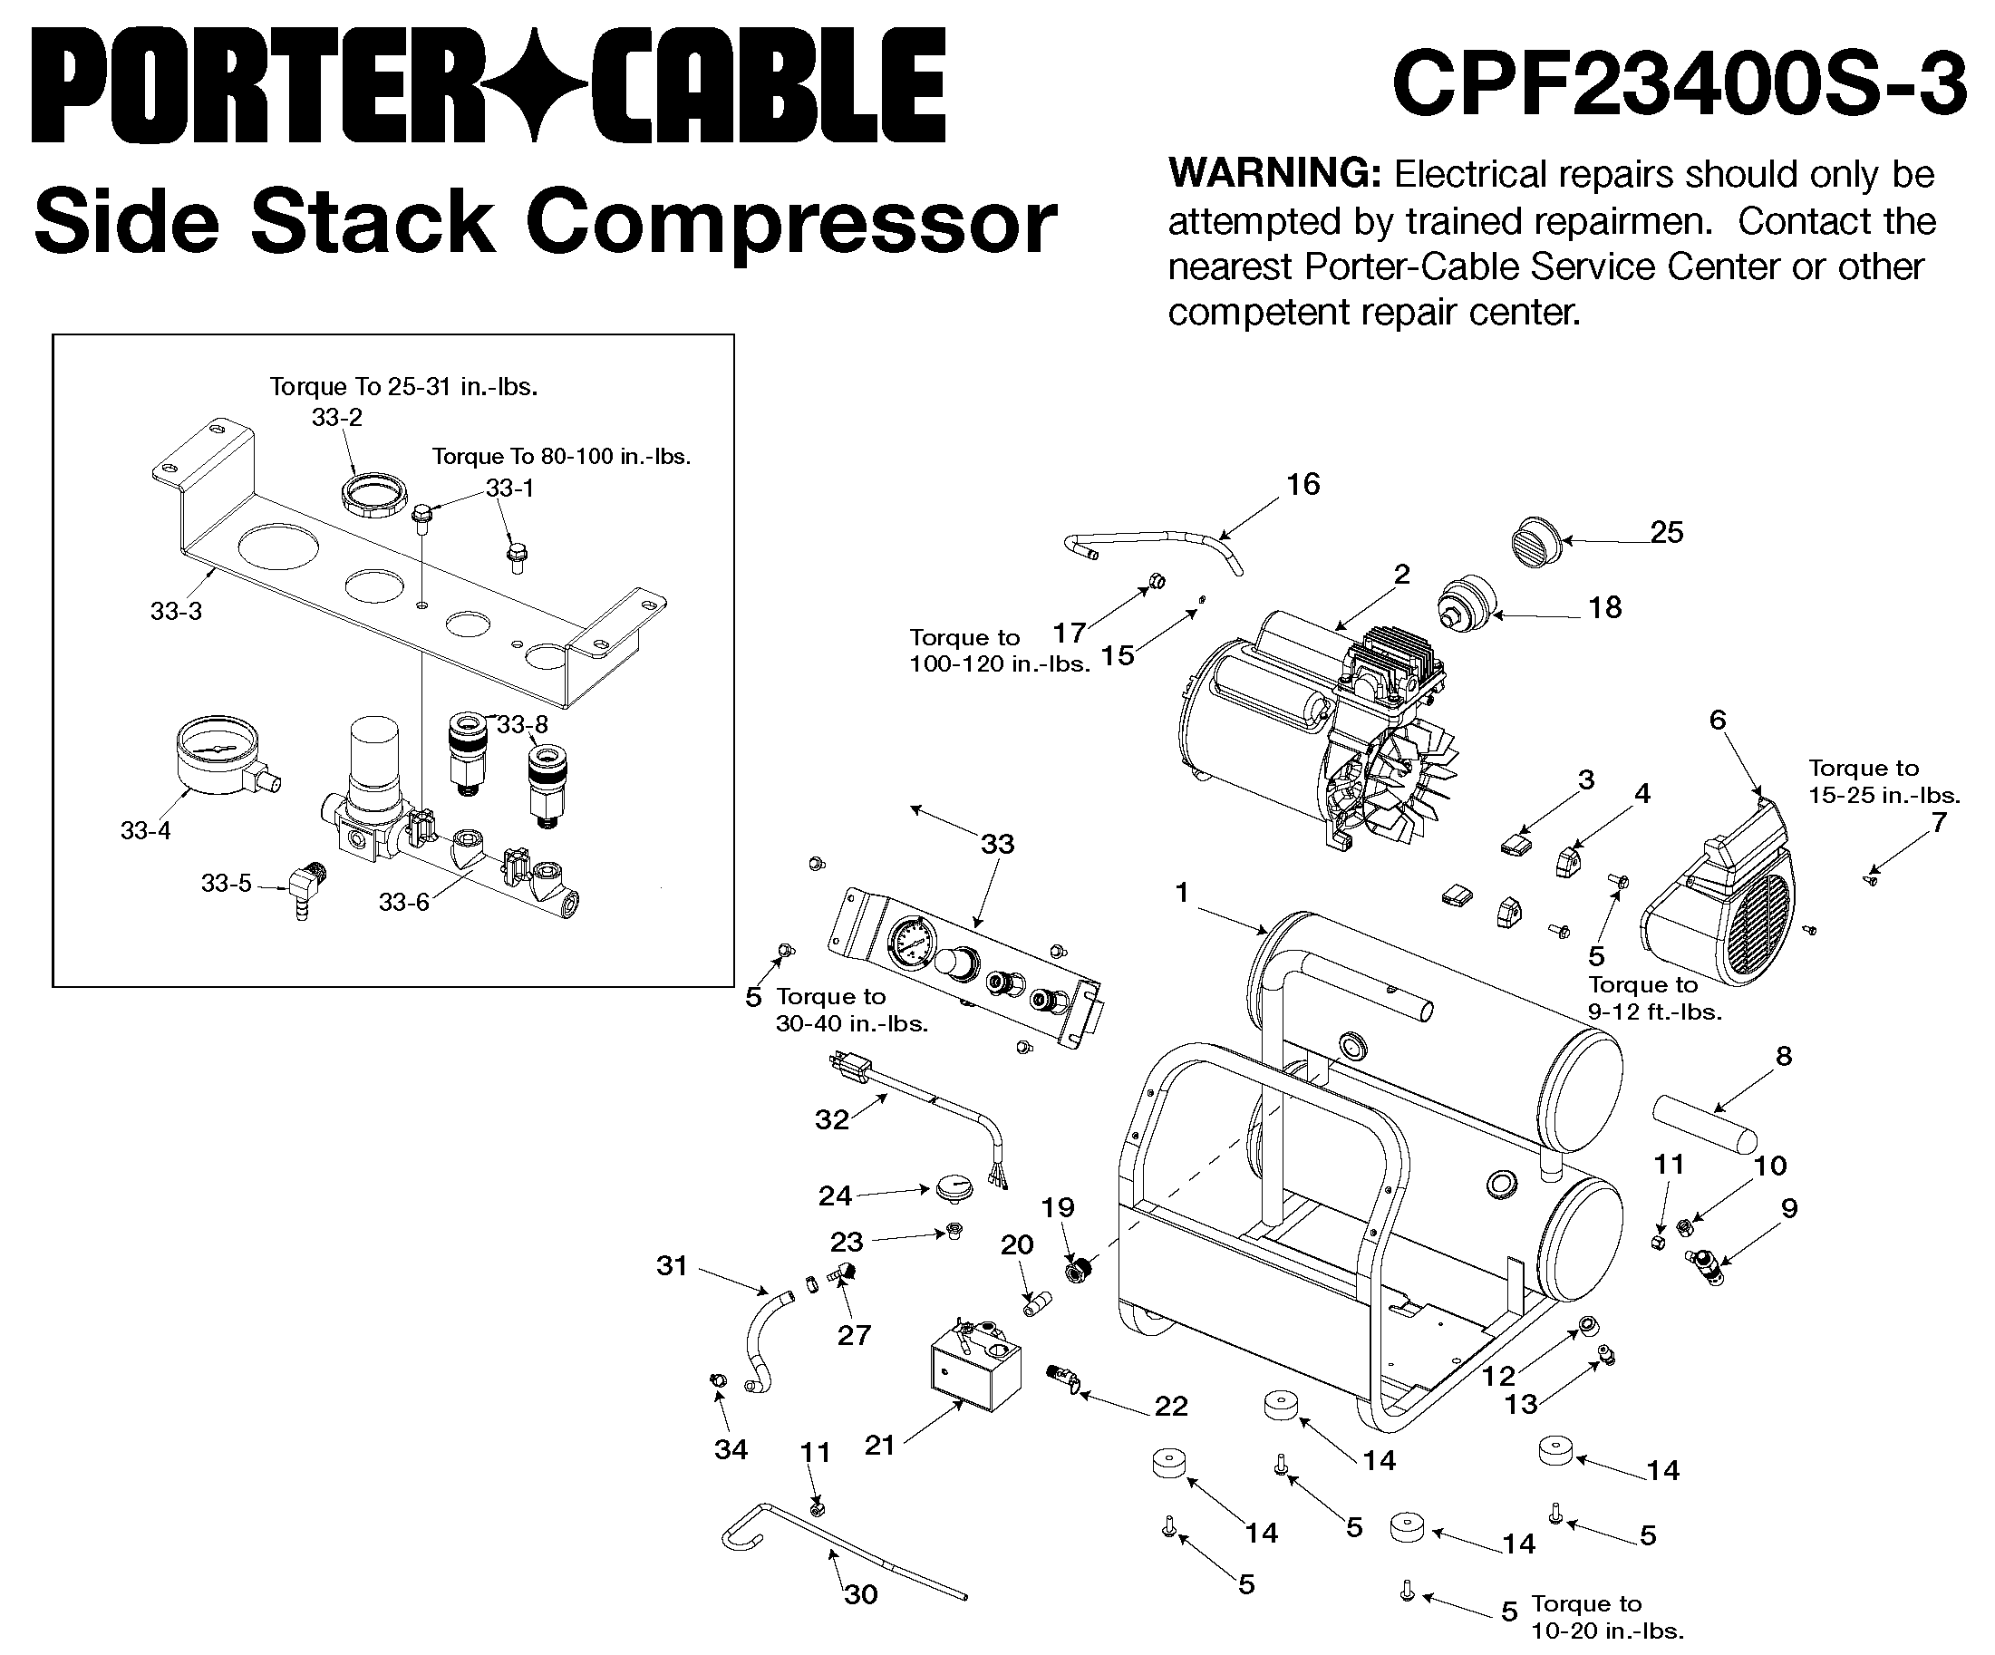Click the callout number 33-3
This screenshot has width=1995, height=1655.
coord(177,612)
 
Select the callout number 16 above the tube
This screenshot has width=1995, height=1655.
coord(1303,485)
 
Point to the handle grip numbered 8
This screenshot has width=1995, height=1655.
coord(1705,1123)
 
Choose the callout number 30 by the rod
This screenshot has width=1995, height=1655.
coord(861,1594)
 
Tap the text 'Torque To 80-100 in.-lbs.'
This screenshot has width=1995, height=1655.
coord(561,456)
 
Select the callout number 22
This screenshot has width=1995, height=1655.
coord(1171,1406)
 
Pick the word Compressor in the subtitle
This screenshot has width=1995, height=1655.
coord(790,224)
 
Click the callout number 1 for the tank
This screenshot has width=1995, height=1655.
coord(1182,892)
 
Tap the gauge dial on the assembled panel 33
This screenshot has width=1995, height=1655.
coord(911,942)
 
